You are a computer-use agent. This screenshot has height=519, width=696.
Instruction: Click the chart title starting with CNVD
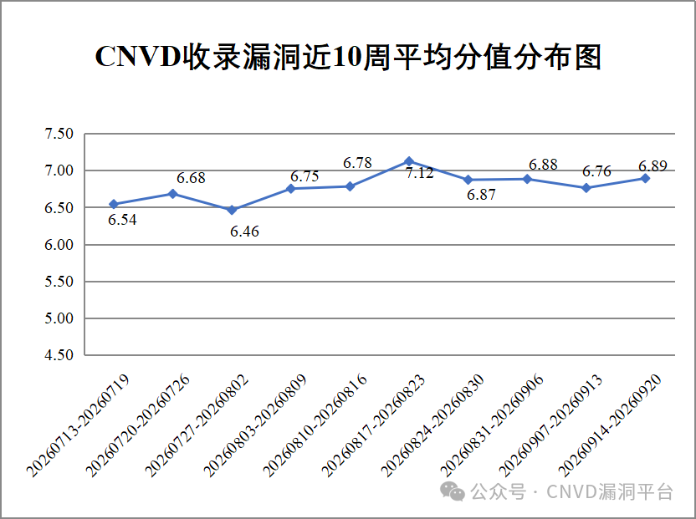tap(348, 57)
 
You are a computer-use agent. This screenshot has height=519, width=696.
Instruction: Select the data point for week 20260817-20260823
tap(409, 161)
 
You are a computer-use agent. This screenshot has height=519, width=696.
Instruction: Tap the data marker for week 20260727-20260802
tap(232, 210)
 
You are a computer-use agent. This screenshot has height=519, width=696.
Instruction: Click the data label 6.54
tap(122, 220)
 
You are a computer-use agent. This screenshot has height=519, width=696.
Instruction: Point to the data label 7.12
tap(419, 173)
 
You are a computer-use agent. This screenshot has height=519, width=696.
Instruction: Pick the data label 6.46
tap(244, 232)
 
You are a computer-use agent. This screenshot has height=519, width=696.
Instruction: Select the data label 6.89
tap(653, 166)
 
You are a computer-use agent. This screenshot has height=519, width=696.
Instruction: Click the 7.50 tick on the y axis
tap(59, 134)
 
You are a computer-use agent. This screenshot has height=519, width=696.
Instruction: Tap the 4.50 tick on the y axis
tap(59, 355)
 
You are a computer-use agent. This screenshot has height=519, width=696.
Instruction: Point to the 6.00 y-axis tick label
tap(59, 244)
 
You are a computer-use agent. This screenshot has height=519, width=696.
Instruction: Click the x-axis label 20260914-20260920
tap(610, 425)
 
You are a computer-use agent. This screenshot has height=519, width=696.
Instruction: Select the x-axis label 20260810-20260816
tap(315, 425)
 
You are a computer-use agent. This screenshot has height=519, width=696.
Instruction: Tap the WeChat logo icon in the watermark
tap(453, 491)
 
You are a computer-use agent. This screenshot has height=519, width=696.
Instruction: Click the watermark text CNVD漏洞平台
tap(610, 491)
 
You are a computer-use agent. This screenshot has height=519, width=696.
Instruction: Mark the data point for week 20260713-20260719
tap(114, 204)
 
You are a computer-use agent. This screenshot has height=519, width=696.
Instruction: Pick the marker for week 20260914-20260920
tap(646, 178)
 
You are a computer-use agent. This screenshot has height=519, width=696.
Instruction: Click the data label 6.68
tap(191, 178)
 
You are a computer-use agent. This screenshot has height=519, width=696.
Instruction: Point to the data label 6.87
tap(481, 194)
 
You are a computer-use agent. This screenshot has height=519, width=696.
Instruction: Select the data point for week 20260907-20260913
tap(586, 188)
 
